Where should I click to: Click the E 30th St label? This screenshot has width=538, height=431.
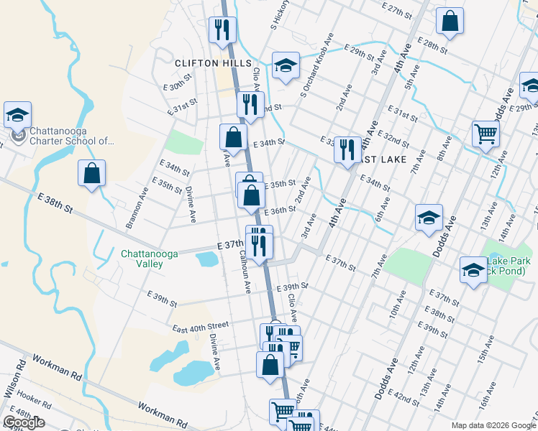coord(178,82)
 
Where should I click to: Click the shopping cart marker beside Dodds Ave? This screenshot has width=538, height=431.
coord(486,133)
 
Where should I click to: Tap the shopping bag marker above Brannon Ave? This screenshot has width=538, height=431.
coord(92,173)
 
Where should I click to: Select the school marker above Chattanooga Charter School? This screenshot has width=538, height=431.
coord(17,114)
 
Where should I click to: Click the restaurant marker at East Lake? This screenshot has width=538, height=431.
coord(347,149)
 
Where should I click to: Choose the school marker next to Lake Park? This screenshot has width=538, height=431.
coord(473,269)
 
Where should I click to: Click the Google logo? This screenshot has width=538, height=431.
coord(24,422)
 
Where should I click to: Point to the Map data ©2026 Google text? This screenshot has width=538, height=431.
coord(493,425)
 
